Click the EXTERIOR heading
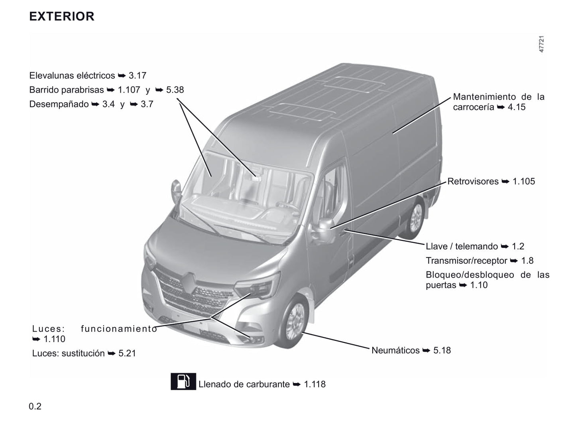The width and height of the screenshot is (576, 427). (61, 16)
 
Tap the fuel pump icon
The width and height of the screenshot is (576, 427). (183, 381)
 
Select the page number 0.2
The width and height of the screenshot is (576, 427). (35, 406)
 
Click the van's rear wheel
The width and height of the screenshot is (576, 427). (415, 217)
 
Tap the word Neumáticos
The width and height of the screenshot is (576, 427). (395, 350)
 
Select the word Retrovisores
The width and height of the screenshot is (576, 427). (473, 181)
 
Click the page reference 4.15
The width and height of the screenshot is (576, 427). (517, 107)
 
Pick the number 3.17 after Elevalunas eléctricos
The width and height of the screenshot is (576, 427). (138, 76)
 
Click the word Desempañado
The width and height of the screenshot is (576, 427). (59, 104)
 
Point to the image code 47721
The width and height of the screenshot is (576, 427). (541, 44)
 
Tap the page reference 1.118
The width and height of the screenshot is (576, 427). (315, 384)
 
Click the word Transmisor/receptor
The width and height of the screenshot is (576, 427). (466, 261)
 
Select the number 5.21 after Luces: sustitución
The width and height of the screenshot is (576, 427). (127, 353)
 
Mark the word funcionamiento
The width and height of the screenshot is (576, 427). (119, 329)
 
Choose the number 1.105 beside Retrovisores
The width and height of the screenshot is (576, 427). (524, 181)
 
